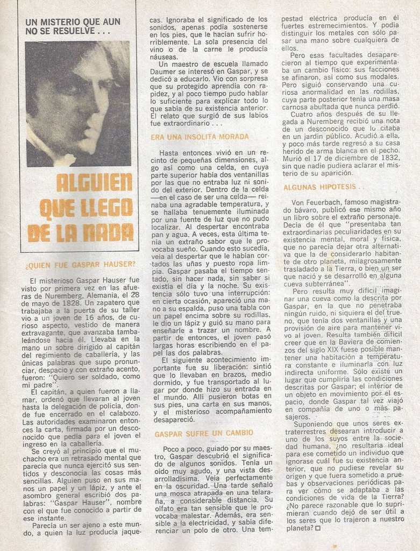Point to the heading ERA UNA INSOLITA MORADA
point(200,137)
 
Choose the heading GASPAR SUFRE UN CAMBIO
point(203,433)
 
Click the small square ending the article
point(318,528)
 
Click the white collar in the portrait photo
point(63,159)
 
